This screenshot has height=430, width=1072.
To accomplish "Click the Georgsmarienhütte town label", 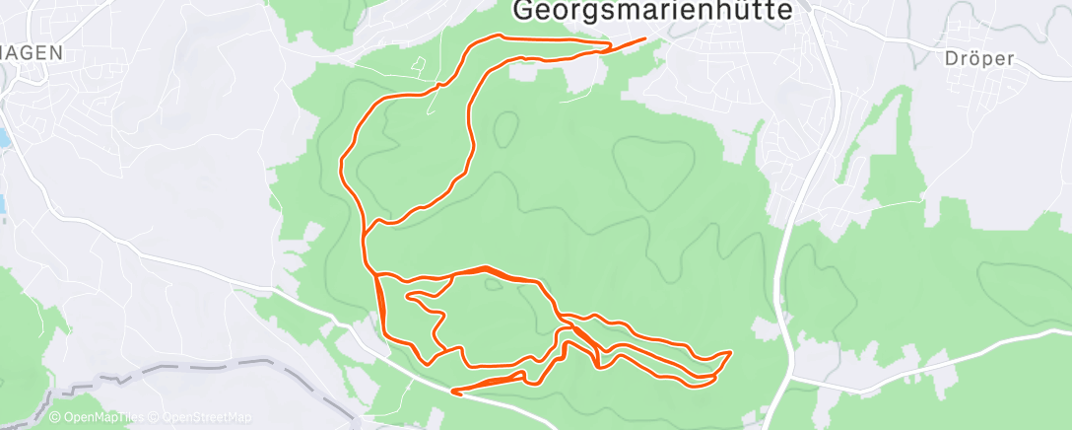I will [x=653, y=11].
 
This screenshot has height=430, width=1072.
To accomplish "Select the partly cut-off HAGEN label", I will [x=32, y=53].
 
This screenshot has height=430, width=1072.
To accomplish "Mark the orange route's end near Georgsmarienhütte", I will [x=645, y=39].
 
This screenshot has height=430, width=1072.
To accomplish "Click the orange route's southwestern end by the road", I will [x=452, y=392].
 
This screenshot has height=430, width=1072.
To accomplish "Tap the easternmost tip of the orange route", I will [x=730, y=352].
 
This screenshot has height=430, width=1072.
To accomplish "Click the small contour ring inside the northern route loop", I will [x=505, y=127].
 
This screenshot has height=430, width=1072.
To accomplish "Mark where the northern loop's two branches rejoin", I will [x=366, y=233].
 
